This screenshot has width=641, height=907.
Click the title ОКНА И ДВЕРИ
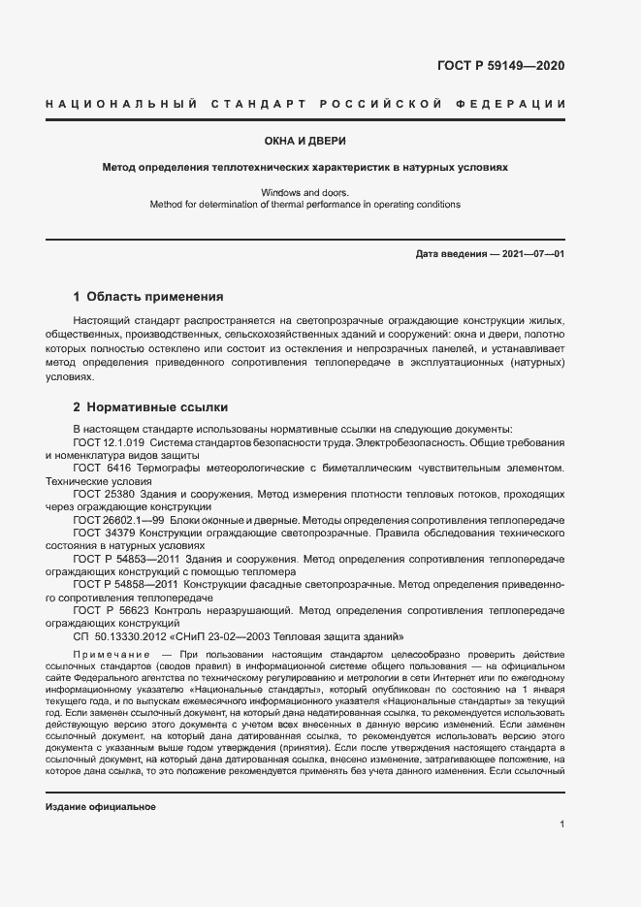point(319,141)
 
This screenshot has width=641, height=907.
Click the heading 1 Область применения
point(148,297)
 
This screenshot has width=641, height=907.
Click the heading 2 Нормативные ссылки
point(150,406)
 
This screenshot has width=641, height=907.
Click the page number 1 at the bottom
point(562,825)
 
